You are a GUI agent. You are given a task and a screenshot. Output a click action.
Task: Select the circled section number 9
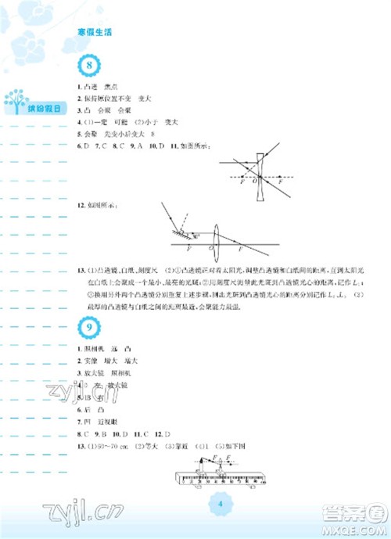point(91,326)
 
